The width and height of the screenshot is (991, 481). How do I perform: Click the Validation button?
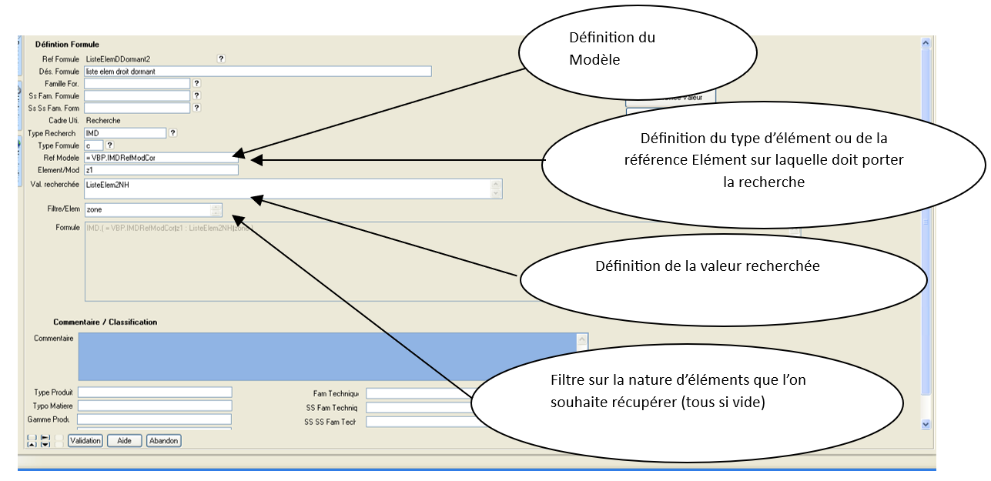[x=85, y=441]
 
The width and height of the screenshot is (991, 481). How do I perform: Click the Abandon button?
[x=163, y=441]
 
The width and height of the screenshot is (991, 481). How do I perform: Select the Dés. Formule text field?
[x=257, y=71]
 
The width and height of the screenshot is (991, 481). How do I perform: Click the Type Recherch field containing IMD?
[x=125, y=133]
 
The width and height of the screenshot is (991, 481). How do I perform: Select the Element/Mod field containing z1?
[x=161, y=170]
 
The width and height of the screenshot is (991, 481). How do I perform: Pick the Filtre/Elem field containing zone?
[x=147, y=209]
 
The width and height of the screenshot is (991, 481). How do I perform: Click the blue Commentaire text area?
[x=326, y=356]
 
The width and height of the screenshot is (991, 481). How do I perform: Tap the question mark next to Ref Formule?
[x=221, y=58]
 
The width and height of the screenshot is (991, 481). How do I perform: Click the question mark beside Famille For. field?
[x=196, y=83]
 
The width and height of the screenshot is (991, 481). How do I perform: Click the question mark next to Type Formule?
[x=109, y=145]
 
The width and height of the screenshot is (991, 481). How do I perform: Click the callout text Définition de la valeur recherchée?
[x=707, y=266]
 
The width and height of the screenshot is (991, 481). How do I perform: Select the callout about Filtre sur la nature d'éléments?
[x=678, y=391]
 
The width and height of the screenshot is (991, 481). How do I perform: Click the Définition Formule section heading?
[x=67, y=45]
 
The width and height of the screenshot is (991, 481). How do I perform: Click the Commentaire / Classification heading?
[x=105, y=322]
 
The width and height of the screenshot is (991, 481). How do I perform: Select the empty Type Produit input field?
[x=154, y=392]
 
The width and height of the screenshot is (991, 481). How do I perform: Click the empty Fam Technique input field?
[x=420, y=393]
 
